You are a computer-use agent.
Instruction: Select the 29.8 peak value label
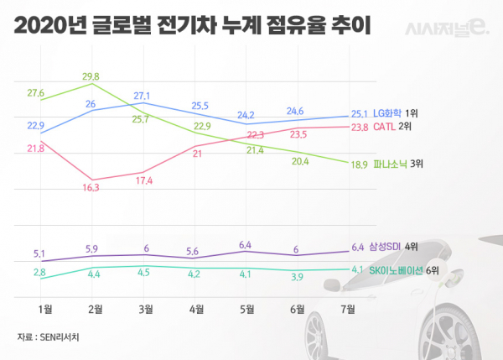tap(90, 76)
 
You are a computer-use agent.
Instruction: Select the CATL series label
tap(385, 128)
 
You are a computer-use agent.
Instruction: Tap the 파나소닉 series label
tap(388, 164)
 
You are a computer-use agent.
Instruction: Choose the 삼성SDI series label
tap(385, 247)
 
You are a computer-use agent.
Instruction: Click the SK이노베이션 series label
tap(395, 269)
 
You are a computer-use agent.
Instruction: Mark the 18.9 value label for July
tap(357, 165)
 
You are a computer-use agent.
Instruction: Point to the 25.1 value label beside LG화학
tap(359, 113)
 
